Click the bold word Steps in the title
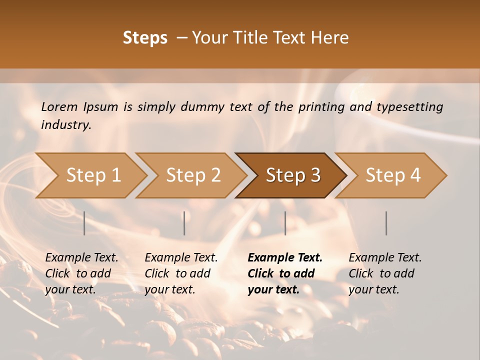[x=145, y=38]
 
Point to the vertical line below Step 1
[x=84, y=223]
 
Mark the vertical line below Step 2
[x=184, y=223]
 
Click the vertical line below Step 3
[x=285, y=223]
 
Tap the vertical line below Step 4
[x=386, y=223]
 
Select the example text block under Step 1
[x=81, y=273]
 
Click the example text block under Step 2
[x=181, y=273]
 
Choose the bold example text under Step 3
[x=285, y=273]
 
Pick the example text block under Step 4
[x=385, y=273]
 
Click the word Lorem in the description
[x=59, y=106]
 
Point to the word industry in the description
[x=66, y=125]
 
